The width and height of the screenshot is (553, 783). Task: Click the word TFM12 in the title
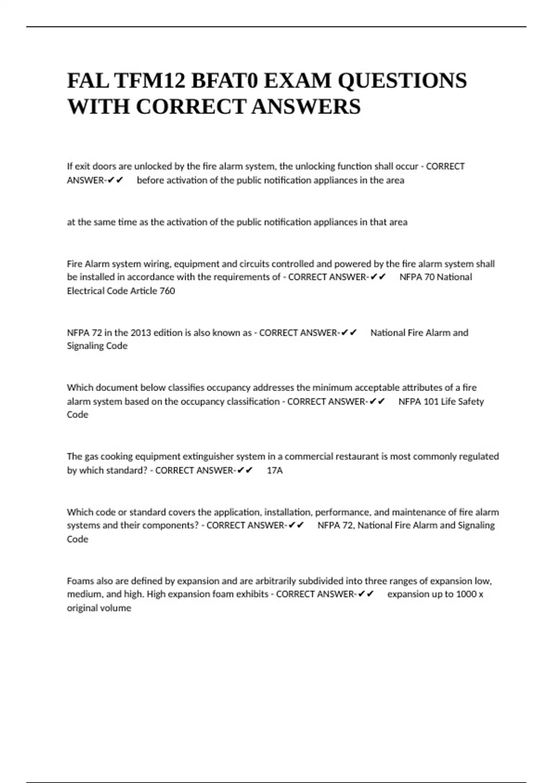tap(149, 81)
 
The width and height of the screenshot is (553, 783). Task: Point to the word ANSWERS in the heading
tap(306, 107)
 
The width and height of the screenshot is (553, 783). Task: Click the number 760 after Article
tap(167, 291)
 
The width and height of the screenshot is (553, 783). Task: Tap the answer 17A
tap(275, 470)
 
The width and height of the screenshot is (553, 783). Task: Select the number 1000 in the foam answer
tap(466, 594)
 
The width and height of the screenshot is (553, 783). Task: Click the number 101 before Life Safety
tap(431, 401)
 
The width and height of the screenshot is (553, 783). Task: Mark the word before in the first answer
tap(150, 180)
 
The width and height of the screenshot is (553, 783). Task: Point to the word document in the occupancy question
tap(115, 387)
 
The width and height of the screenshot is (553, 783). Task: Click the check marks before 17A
tap(245, 470)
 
